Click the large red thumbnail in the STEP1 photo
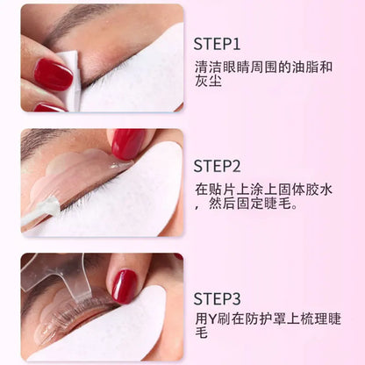[54, 74]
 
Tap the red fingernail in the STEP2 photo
[128, 143]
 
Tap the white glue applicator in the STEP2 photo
[39, 211]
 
